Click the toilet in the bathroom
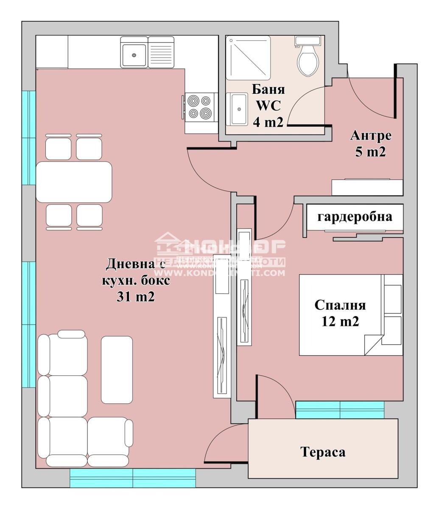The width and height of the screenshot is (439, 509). (308, 59)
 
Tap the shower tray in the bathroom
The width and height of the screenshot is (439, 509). (248, 58)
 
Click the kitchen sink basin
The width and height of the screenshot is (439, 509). (134, 53)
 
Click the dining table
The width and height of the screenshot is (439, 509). (74, 182)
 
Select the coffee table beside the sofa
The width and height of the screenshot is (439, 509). (117, 369)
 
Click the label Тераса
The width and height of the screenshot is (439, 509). (323, 452)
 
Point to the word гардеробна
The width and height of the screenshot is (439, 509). (355, 217)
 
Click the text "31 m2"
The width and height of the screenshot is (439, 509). (135, 297)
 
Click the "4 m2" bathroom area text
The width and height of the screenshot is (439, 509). (268, 122)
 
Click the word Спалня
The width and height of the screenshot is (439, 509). (340, 305)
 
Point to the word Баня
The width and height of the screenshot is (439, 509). (268, 89)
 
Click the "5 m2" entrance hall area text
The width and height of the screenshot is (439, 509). (370, 152)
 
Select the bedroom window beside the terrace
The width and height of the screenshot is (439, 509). (340, 410)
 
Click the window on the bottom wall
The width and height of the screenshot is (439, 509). (132, 478)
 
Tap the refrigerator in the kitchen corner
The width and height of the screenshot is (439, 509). (52, 52)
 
